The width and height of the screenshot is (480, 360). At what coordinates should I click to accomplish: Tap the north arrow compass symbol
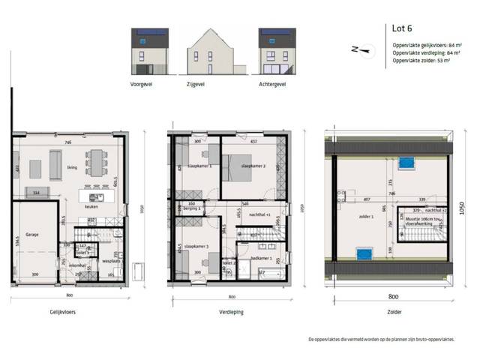(361, 50)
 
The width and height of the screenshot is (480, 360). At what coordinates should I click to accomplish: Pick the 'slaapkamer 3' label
(197, 246)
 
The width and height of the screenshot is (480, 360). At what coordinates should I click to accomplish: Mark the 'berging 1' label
(190, 208)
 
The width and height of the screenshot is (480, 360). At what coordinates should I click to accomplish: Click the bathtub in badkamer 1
(262, 277)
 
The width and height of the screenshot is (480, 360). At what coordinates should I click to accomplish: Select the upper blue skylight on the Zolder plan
(408, 160)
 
